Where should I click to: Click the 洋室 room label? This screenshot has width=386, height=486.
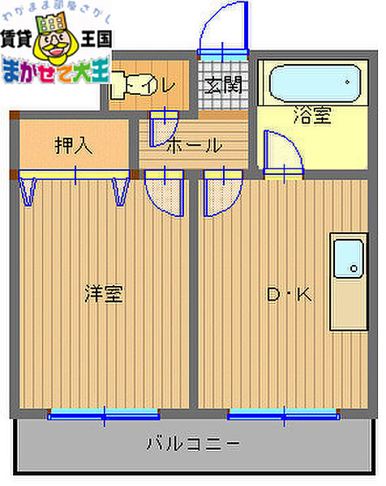(104, 293)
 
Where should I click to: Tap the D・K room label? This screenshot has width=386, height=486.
(289, 295)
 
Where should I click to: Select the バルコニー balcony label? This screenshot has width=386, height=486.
(192, 443)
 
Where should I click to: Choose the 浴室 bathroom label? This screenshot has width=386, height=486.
(311, 116)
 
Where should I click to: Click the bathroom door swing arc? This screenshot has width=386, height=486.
(283, 154)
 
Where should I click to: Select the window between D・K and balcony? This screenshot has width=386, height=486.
(283, 416)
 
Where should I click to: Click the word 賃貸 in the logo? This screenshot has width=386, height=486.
(19, 36)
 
